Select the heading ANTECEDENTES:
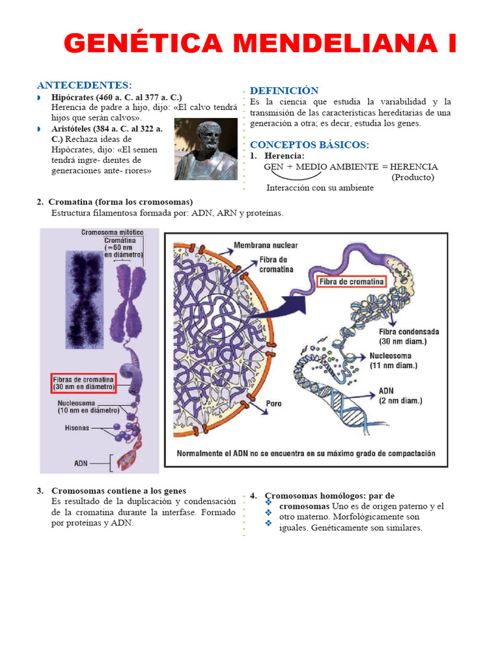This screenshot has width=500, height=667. point(84,85)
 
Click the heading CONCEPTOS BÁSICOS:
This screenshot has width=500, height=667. point(309,144)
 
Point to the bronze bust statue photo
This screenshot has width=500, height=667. point(206,149)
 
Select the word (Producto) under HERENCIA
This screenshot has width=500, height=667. point(412,177)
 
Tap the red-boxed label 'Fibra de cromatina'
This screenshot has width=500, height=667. point(351,282)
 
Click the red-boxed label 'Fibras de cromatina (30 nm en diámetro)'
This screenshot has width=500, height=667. point(83,383)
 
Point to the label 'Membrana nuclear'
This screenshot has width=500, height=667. point(266,245)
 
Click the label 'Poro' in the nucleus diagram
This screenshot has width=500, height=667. point(273,404)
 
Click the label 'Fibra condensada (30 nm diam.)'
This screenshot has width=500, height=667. point(408,336)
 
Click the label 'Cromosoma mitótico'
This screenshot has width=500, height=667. point(112,233)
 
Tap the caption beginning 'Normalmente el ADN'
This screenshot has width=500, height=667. point(306,453)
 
